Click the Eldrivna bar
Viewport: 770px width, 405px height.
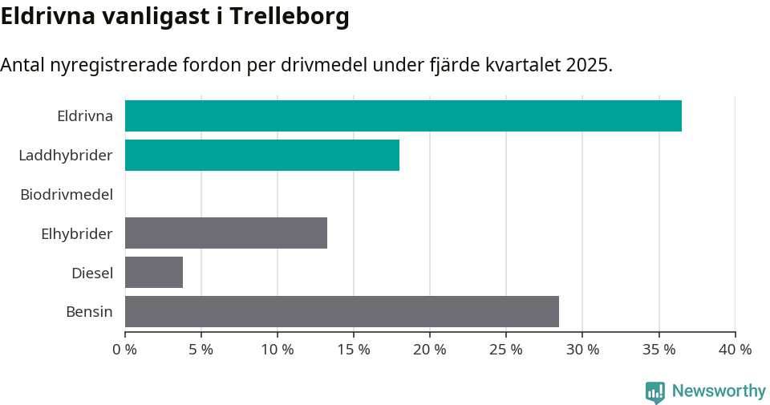(403, 115)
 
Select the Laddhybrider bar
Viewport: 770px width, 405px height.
(262, 155)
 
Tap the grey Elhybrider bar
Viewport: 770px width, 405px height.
(226, 233)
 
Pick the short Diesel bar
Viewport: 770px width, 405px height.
(154, 272)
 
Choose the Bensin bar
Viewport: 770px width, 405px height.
(342, 311)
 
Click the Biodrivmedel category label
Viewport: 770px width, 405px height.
(67, 194)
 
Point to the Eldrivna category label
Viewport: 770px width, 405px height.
(85, 115)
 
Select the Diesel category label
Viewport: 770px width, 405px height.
(92, 273)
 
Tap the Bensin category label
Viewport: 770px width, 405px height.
(89, 312)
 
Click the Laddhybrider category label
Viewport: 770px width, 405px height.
(66, 155)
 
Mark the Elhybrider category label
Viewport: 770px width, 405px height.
(77, 233)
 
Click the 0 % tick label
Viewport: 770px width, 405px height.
(125, 350)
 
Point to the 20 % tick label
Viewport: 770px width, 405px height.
(430, 350)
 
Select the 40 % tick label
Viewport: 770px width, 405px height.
(735, 350)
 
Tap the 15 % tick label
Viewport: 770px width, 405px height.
(354, 350)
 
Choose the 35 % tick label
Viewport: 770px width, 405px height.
(659, 350)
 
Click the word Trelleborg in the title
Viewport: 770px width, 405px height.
(290, 16)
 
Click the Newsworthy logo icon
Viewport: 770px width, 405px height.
(654, 391)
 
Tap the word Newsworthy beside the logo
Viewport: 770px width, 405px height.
(719, 391)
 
